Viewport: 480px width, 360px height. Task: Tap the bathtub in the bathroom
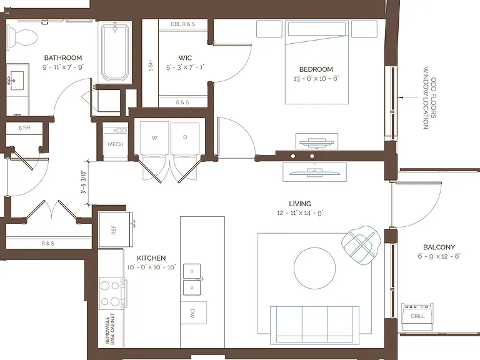pyautogui.click(x=115, y=52)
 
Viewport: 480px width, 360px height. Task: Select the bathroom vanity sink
pyautogui.click(x=17, y=81)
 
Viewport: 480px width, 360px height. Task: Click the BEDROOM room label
pyautogui.click(x=316, y=69)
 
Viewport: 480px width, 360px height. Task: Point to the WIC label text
pyautogui.click(x=185, y=58)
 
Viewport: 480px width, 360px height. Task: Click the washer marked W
pyautogui.click(x=154, y=137)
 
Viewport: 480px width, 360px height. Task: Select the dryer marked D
pyautogui.click(x=185, y=137)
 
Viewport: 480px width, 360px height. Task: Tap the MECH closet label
pyautogui.click(x=116, y=144)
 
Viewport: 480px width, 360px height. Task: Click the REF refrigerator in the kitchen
pyautogui.click(x=116, y=229)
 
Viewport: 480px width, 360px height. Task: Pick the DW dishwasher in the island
pyautogui.click(x=194, y=313)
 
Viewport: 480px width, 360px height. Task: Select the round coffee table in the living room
pyautogui.click(x=314, y=268)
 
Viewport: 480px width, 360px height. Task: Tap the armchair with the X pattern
pyautogui.click(x=361, y=245)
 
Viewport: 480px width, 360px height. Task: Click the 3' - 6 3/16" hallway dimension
pyautogui.click(x=83, y=182)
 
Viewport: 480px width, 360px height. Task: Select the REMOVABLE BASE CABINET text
pyautogui.click(x=110, y=329)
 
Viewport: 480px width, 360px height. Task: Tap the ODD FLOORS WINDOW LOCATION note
pyautogui.click(x=429, y=98)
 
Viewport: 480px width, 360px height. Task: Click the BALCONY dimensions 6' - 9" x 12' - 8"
pyautogui.click(x=439, y=256)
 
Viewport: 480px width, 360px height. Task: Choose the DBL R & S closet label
pyautogui.click(x=182, y=24)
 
